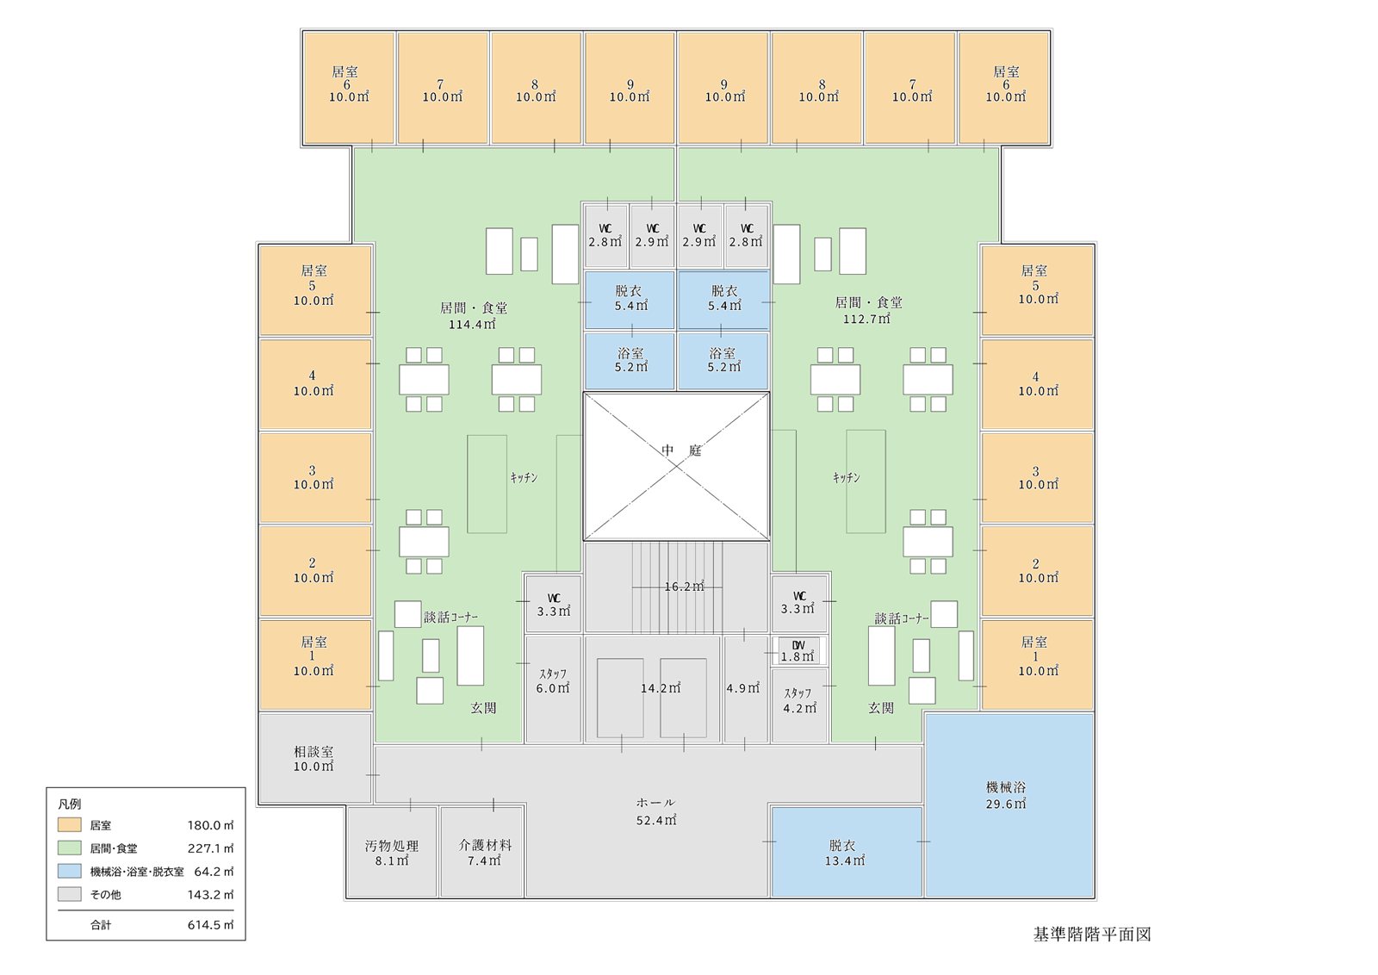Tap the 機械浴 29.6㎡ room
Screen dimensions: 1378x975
click(x=1009, y=805)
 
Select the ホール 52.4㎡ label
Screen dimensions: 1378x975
click(x=655, y=811)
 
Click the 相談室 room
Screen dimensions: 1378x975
click(x=315, y=759)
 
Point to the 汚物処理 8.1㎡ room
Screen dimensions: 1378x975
click(x=392, y=853)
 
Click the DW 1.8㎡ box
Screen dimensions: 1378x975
click(x=798, y=651)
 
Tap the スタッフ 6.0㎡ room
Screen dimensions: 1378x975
click(x=553, y=690)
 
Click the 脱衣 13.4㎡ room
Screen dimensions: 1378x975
click(x=847, y=853)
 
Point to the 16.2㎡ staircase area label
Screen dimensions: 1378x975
click(x=684, y=587)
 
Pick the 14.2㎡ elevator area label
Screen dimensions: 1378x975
click(x=661, y=688)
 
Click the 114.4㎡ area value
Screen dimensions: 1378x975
click(x=472, y=324)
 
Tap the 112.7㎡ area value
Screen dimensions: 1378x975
click(x=866, y=319)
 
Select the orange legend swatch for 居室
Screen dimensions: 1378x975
click(x=70, y=825)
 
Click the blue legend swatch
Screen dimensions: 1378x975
click(x=70, y=871)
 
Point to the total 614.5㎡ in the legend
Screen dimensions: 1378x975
click(x=210, y=924)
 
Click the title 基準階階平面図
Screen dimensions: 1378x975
click(x=1092, y=935)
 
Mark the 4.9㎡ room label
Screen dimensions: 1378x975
click(x=742, y=688)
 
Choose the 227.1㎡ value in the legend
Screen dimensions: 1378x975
click(x=210, y=848)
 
